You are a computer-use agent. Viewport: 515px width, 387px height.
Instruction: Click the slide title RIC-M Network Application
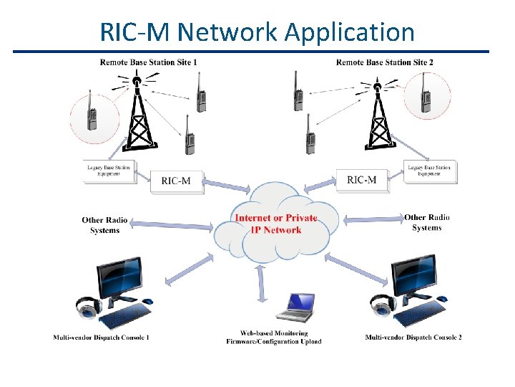(x=257, y=32)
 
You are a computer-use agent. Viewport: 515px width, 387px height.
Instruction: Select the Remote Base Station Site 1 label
(x=148, y=62)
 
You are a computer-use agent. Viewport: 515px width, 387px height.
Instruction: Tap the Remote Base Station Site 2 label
(x=384, y=62)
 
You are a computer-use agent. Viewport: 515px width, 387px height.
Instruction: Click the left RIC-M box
(x=176, y=181)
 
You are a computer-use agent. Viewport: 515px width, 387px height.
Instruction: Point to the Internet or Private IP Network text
(x=276, y=224)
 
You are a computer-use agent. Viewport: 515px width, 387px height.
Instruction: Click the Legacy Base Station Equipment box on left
(x=110, y=172)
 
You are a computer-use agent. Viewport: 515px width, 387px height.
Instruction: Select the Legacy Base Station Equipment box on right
(x=429, y=171)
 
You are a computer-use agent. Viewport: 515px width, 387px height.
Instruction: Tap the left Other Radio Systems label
(x=104, y=225)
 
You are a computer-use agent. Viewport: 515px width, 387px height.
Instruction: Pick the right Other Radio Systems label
(x=427, y=222)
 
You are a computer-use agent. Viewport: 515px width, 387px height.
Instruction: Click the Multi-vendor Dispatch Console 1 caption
(x=101, y=338)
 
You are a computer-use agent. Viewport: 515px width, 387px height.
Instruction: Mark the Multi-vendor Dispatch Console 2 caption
(x=413, y=338)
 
